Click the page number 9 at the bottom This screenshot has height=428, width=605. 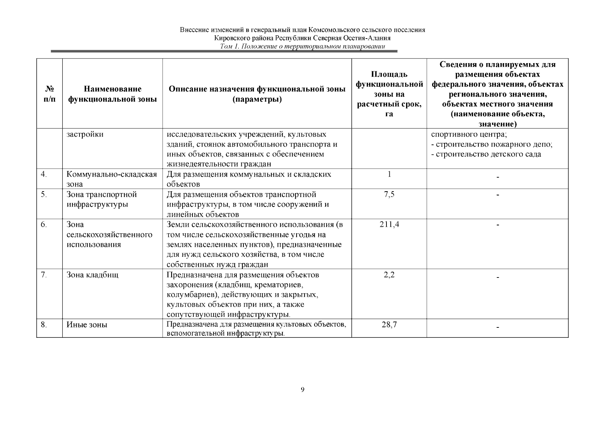[x=302, y=389]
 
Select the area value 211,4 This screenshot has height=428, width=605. [x=389, y=225]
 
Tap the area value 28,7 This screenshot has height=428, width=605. [x=389, y=325]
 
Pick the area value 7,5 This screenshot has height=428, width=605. [x=389, y=194]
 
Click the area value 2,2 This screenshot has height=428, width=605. [x=389, y=275]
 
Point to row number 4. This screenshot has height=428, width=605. [x=44, y=174]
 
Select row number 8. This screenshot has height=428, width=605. [x=44, y=325]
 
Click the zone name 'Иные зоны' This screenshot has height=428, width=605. [x=87, y=325]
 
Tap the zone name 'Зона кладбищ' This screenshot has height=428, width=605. [x=92, y=275]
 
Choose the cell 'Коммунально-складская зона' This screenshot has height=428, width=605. [x=112, y=179]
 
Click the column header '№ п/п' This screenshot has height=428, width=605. [x=50, y=94]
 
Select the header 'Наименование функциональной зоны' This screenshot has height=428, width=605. [x=112, y=94]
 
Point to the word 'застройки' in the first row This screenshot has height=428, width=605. [x=85, y=134]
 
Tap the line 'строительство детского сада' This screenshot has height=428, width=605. [x=488, y=154]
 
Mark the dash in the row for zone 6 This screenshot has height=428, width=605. [x=498, y=225]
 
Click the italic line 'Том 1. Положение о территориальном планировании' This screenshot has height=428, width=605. [x=303, y=46]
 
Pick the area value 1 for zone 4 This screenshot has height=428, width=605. [x=389, y=174]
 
